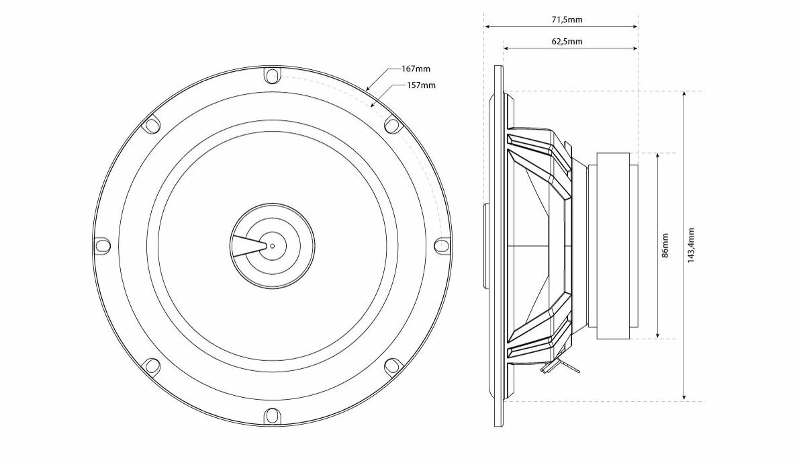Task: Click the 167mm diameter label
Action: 416,69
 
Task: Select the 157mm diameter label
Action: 422,85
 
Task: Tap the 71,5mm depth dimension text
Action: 567,19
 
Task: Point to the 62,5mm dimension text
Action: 567,42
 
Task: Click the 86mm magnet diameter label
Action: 665,245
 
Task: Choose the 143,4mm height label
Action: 692,245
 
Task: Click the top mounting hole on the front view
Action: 271,75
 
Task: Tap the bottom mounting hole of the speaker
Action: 271,415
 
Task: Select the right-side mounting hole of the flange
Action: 441,246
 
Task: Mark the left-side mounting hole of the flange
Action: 101,246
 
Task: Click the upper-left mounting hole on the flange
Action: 152,125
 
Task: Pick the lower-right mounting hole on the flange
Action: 391,366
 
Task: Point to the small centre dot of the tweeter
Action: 272,245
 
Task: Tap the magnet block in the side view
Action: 610,245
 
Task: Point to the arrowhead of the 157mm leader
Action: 373,105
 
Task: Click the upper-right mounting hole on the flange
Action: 391,125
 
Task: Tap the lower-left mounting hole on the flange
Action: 152,366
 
